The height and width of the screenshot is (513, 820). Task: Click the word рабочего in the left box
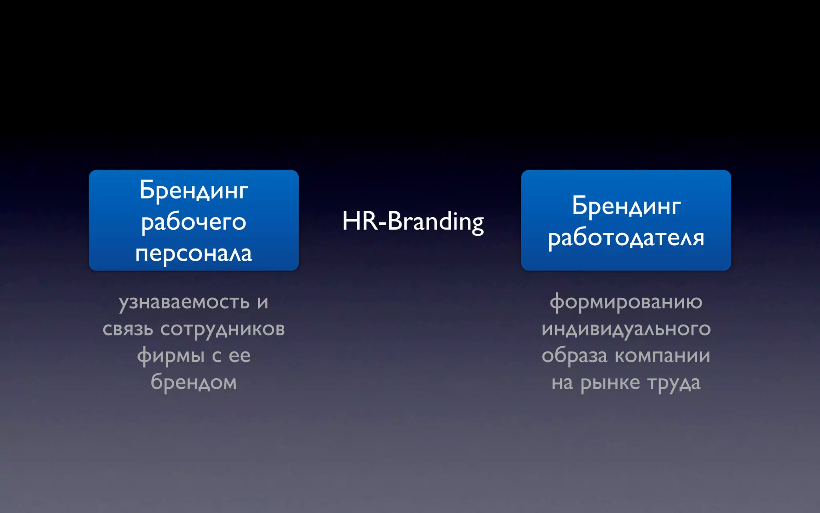[x=193, y=222]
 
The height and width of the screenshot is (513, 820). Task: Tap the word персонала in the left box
[x=193, y=254]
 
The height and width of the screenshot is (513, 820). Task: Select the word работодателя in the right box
[x=626, y=238]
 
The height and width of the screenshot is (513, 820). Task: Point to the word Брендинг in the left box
[x=193, y=190]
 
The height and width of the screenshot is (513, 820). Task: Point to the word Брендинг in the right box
[x=626, y=206]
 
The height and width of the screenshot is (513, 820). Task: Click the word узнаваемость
[x=184, y=302]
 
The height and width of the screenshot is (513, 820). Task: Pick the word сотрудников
[x=223, y=329]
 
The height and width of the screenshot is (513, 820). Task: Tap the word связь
[x=128, y=329]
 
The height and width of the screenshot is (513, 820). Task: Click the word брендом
[x=193, y=382]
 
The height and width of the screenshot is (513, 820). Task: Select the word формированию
[x=626, y=302]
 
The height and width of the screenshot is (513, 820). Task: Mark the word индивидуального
[x=626, y=329]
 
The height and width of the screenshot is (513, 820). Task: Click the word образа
[x=574, y=356]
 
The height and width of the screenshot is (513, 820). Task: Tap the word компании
[x=662, y=356]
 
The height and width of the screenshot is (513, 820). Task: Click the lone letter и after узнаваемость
[x=263, y=302]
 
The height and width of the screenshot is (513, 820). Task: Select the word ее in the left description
[x=239, y=356]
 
